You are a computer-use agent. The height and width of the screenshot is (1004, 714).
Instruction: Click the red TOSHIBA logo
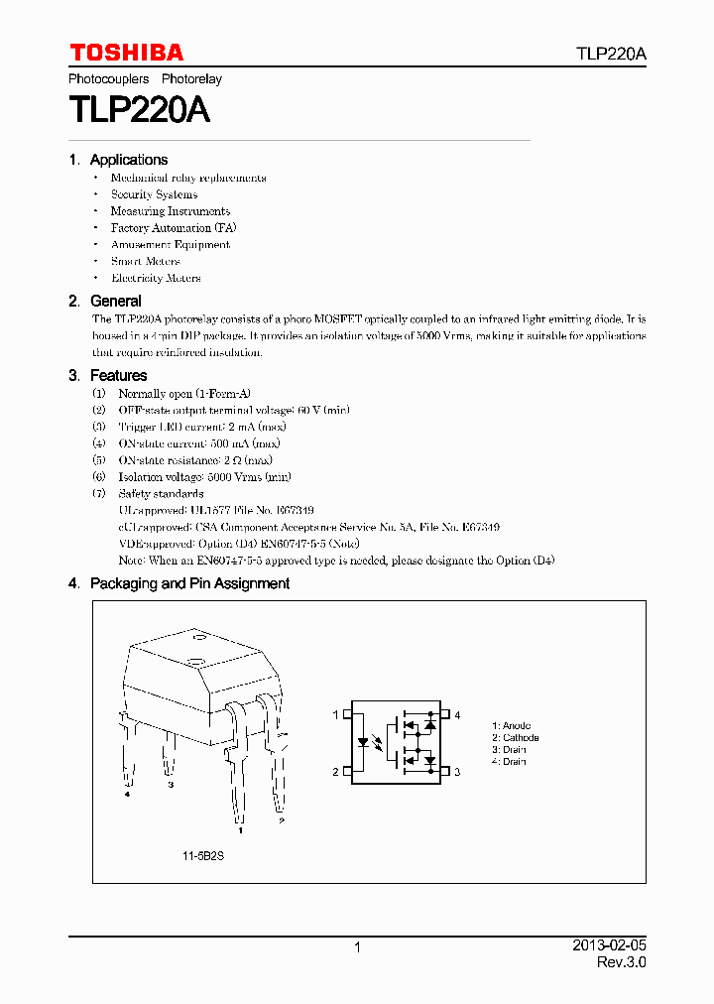pos(126,53)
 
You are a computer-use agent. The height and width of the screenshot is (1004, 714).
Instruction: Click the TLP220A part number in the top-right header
pos(611,55)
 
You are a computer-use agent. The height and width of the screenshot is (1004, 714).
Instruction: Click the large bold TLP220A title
pos(139,109)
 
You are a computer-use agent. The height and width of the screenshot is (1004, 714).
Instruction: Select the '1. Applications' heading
pos(118,160)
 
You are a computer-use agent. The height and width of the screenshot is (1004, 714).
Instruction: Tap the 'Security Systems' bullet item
pos(154,194)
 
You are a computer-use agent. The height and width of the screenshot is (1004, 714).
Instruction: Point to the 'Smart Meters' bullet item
pos(146,261)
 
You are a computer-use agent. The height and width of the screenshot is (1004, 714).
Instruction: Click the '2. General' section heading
pos(105,301)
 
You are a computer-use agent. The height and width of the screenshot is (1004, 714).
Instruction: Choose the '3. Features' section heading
pos(108,375)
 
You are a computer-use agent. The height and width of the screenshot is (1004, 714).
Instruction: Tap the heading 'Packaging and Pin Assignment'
pos(189,583)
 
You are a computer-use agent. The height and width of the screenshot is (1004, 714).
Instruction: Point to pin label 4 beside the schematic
pos(457,714)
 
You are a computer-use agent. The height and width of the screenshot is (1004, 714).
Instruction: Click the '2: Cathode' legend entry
pos(515,738)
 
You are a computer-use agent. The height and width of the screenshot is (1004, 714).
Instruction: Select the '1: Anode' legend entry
pos(511,726)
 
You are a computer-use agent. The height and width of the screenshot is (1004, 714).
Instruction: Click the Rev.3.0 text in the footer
pos(621,963)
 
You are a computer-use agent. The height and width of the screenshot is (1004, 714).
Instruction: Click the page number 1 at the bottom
pos(357,947)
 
